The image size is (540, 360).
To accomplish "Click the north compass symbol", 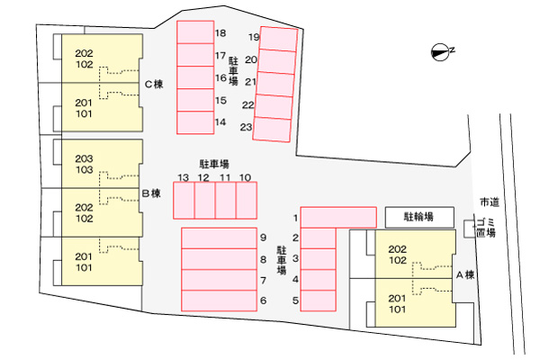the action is click(x=440, y=52).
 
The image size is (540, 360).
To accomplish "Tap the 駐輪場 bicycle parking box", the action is click(x=419, y=217).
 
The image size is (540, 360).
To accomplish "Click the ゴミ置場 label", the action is click(x=486, y=228).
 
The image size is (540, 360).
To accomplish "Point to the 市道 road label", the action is click(x=490, y=202).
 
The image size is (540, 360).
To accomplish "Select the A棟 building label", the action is click(x=465, y=274).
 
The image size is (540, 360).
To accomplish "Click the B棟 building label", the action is click(x=151, y=193).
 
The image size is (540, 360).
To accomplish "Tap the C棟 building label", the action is click(x=154, y=84).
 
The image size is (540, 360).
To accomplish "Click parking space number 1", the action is click(x=338, y=218).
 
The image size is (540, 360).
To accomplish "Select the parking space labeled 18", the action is click(x=195, y=32).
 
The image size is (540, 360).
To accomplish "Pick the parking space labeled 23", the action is click(x=272, y=129).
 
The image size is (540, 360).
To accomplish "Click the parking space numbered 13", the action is click(x=184, y=201).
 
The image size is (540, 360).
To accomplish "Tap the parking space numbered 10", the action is click(x=247, y=201).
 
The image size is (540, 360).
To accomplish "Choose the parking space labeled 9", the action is click(x=219, y=238).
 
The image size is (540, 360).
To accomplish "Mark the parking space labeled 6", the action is click(x=219, y=301).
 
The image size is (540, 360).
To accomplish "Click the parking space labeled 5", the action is click(x=319, y=301).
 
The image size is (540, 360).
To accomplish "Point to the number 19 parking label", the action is click(x=254, y=37).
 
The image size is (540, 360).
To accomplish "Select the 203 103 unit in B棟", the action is click(x=102, y=164).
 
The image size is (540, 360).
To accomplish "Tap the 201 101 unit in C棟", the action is click(x=102, y=107).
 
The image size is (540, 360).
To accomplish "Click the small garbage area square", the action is click(x=470, y=229).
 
